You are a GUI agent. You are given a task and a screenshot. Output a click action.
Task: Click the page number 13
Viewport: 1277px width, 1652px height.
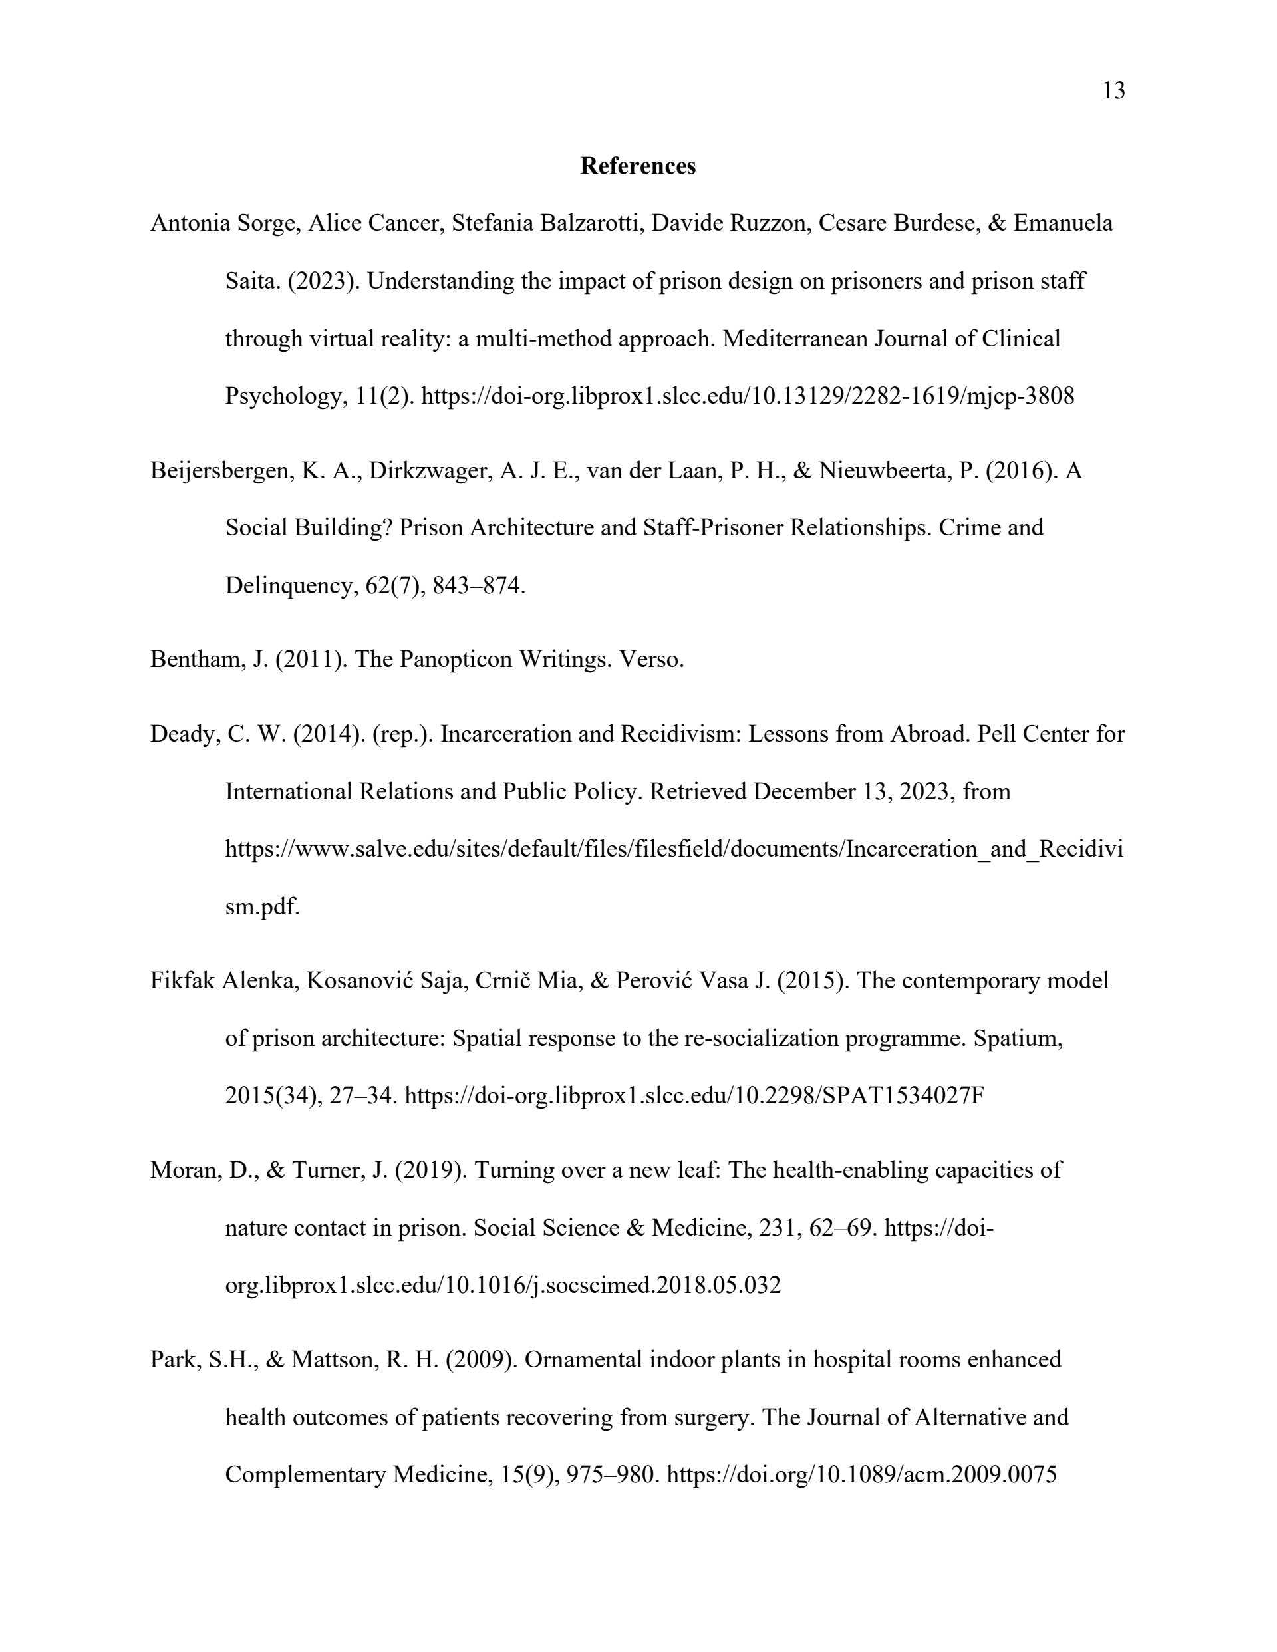[1113, 90]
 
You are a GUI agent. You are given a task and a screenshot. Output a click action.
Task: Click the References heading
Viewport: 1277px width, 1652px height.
[638, 166]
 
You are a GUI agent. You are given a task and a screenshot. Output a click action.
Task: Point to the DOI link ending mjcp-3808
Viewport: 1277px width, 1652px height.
[748, 396]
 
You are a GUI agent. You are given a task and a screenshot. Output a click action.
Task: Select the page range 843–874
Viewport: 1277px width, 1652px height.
[478, 585]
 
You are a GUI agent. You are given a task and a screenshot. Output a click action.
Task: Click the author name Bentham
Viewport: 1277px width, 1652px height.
[198, 660]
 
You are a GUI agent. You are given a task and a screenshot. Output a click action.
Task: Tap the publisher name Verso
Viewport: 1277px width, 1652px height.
[651, 660]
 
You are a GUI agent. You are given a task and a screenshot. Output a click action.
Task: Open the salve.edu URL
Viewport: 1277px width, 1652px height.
[674, 849]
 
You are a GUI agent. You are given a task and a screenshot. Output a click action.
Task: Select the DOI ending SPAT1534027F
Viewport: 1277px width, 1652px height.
[694, 1095]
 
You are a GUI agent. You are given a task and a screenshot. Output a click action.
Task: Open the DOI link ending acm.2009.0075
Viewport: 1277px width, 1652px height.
[862, 1474]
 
